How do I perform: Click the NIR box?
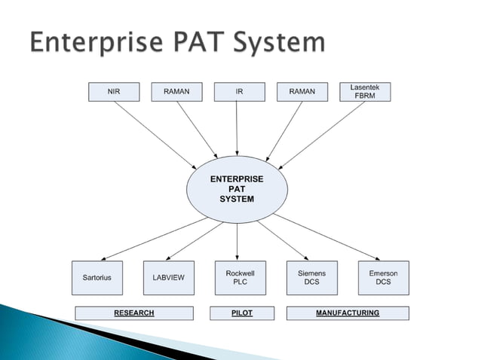tap(114, 92)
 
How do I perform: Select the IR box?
tap(239, 92)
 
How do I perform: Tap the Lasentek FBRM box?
tap(365, 92)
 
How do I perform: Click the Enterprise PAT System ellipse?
tap(237, 189)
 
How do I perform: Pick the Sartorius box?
tap(97, 278)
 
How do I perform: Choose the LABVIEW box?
tap(168, 278)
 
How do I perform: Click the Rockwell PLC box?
tap(237, 277)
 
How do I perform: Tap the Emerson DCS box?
tap(383, 277)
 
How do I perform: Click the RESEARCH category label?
tap(134, 313)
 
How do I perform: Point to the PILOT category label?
tap(241, 313)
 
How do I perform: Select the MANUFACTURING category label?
tap(348, 313)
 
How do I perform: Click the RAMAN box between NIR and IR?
tap(176, 92)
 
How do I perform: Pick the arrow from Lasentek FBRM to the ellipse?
tap(320, 134)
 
